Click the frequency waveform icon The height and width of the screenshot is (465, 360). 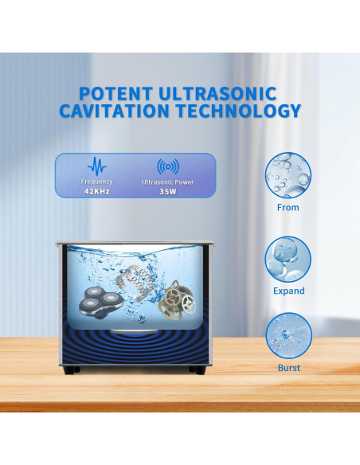click(x=97, y=166)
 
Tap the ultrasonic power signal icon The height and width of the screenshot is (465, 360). click(x=168, y=166)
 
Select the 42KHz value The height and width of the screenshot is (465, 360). click(x=97, y=192)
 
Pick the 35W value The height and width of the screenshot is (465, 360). click(x=168, y=192)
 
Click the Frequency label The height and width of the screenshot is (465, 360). click(x=97, y=182)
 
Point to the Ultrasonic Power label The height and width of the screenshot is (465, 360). click(x=168, y=182)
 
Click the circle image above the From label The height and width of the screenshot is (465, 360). click(x=288, y=176)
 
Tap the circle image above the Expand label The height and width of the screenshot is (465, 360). click(x=288, y=259)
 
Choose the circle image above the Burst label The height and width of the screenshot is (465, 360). click(x=288, y=335)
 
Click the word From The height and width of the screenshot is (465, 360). click(x=288, y=207)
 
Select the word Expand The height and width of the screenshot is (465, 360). click(x=288, y=291)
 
